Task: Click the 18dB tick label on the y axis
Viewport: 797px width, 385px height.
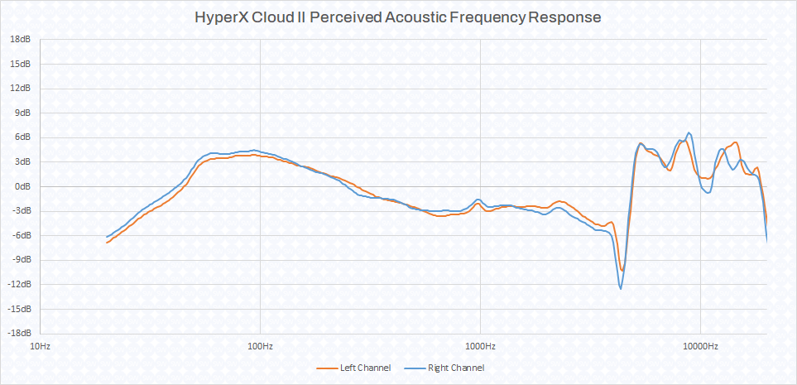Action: click(x=21, y=39)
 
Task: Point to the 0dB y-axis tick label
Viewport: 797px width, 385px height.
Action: click(x=23, y=186)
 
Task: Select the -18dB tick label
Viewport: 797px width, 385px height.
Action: click(x=19, y=334)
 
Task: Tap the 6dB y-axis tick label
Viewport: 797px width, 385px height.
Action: click(x=23, y=137)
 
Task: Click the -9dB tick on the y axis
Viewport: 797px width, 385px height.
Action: click(x=22, y=260)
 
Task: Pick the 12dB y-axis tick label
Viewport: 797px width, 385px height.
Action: click(x=21, y=88)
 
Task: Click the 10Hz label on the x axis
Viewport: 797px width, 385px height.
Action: click(x=40, y=345)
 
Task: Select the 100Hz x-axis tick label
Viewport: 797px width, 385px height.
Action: click(x=260, y=345)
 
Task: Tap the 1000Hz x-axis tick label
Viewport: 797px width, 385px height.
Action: click(x=480, y=345)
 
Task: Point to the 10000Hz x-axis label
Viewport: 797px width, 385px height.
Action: click(x=700, y=345)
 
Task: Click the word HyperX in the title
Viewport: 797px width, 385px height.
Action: click(x=223, y=17)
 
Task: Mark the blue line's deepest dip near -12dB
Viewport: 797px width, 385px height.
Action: click(x=620, y=288)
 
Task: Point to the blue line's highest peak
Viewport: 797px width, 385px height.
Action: click(x=689, y=132)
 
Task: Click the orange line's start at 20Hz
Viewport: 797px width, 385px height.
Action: click(x=107, y=243)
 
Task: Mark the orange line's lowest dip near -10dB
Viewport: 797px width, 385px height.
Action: click(x=622, y=271)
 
